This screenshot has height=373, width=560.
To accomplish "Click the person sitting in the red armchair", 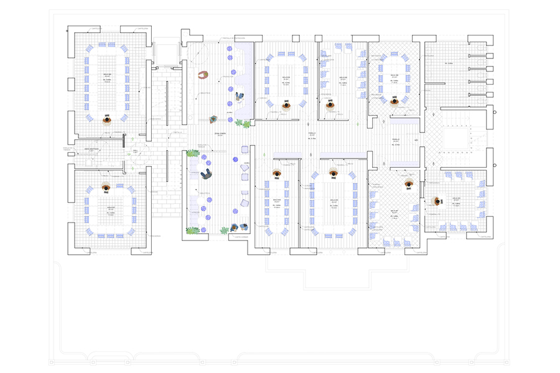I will tap(203, 75).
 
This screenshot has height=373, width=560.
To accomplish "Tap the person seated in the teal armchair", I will tap(213, 118).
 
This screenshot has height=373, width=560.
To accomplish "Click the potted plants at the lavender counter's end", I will tap(246, 124).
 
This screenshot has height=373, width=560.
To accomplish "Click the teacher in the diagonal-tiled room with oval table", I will tap(394, 102).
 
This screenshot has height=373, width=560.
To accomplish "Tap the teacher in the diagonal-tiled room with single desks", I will tap(409, 184).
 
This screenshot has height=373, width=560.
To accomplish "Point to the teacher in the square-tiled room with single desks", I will tap(437, 201).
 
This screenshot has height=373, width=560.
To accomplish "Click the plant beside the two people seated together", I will tap(225, 231).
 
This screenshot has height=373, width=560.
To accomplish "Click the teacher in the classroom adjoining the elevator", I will tap(106, 118).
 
